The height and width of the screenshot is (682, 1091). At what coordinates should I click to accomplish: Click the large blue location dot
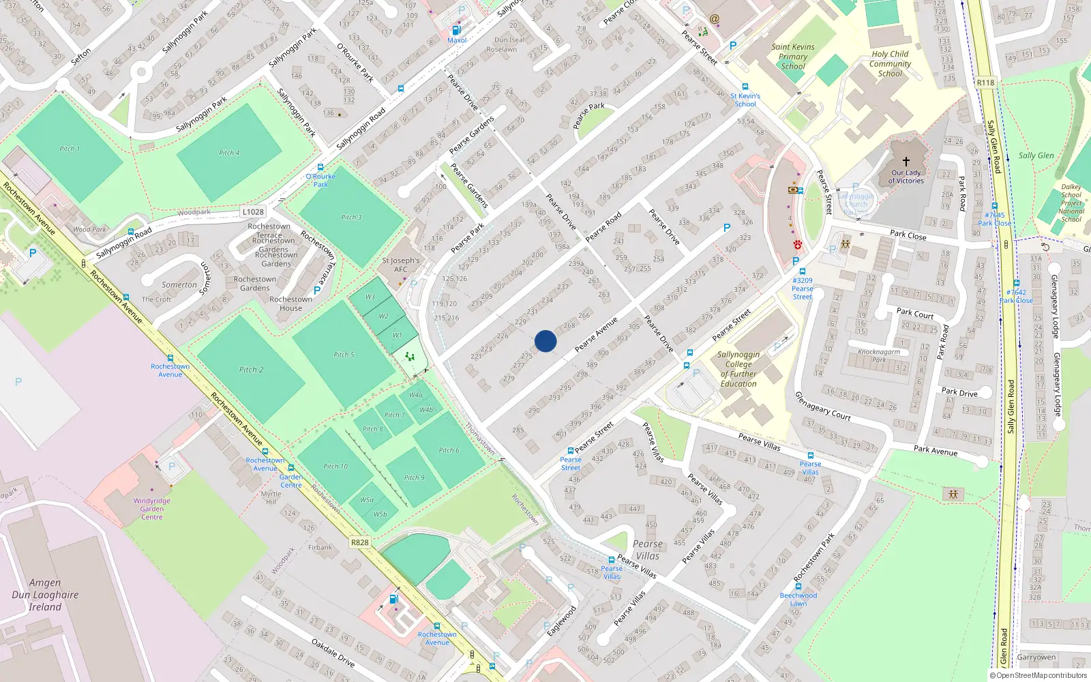[545, 341]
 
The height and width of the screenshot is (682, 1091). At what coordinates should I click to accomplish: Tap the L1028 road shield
[253, 212]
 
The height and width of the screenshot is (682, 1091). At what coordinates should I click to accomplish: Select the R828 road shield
[359, 542]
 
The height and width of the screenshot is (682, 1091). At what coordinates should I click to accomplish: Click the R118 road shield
[985, 83]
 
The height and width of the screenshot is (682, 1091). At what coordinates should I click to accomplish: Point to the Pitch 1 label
[69, 149]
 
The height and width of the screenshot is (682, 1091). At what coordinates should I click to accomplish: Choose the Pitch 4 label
[229, 153]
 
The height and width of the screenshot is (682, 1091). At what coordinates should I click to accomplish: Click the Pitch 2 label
[251, 370]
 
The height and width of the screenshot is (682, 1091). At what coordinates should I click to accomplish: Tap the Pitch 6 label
[449, 450]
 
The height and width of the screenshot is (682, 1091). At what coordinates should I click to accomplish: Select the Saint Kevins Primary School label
[793, 57]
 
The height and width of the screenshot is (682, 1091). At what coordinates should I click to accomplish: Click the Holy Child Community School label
[890, 63]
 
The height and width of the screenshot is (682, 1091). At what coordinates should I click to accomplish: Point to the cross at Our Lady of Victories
[906, 162]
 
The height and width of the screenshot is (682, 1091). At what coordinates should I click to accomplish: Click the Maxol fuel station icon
[456, 30]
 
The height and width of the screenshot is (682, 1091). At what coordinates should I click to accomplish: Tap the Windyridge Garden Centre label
[152, 509]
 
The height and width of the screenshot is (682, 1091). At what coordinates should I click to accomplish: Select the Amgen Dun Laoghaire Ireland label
[45, 595]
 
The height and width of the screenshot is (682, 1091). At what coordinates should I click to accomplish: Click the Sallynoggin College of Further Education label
[738, 369]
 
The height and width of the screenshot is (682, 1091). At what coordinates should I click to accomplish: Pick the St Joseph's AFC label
[401, 265]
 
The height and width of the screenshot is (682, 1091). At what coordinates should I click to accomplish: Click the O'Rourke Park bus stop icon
[320, 167]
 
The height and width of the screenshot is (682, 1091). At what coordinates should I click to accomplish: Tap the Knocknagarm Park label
[879, 356]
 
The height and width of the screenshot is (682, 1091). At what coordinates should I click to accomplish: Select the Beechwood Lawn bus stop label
[798, 599]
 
